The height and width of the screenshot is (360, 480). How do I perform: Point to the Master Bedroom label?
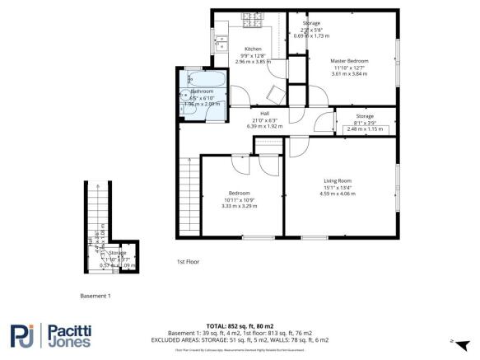pos(349,61)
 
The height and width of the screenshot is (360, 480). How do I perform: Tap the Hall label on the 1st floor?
pos(264,113)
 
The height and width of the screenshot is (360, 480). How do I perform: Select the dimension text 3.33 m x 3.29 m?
pos(240,206)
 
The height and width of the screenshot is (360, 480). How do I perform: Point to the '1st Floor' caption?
pos(189,261)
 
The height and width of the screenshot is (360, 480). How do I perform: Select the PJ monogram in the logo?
pos(24,336)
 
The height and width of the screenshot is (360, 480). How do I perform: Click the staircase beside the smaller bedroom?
pos(189,194)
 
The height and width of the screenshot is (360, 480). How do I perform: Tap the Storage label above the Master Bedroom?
pos(310,23)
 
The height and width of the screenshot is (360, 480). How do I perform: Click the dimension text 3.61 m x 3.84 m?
pos(349,73)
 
